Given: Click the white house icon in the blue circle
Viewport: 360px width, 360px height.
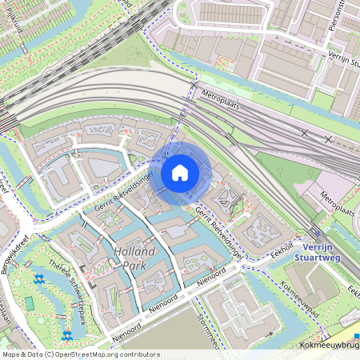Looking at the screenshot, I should coord(180,172).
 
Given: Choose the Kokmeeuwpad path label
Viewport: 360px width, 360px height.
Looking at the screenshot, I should coord(301,299).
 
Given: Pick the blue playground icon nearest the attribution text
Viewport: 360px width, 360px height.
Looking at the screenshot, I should coord(68,336).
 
